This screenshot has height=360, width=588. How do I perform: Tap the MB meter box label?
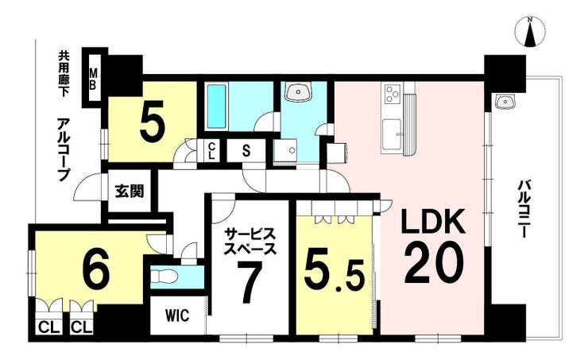(x=93, y=79)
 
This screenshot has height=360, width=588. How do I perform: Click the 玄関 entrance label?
(x=129, y=192)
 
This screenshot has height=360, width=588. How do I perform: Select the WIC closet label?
(x=178, y=315)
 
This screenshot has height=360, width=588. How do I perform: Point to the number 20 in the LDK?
(x=434, y=263)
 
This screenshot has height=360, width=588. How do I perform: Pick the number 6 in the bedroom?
(x=95, y=269)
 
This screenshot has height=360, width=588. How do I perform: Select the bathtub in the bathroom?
(x=215, y=106)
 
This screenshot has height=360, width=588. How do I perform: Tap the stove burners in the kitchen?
(x=393, y=93)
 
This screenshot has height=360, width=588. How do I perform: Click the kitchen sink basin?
(x=392, y=131)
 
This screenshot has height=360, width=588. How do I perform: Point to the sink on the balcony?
(x=505, y=100)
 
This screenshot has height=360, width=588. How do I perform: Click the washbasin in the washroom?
(x=298, y=91)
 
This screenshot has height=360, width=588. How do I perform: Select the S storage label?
(x=246, y=151)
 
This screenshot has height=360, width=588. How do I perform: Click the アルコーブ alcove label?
(x=64, y=150)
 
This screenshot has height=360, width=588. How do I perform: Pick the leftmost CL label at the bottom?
(x=49, y=328)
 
